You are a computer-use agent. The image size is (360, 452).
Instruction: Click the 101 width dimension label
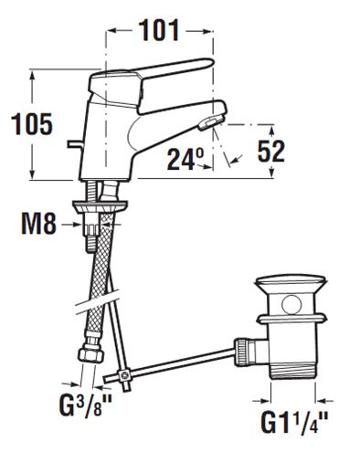coord(159,30)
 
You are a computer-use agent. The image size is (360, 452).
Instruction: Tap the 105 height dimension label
coord(32,124)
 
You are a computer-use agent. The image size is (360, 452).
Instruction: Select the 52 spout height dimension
coord(270,152)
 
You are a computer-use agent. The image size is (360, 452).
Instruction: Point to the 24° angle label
coord(185,159)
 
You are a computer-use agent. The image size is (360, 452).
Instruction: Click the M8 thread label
coord(39,225)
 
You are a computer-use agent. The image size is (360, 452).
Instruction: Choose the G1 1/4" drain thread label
coord(294,423)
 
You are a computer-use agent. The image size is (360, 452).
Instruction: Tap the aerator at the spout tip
coord(210,122)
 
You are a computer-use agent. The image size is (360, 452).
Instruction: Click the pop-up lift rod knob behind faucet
coord(75,144)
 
